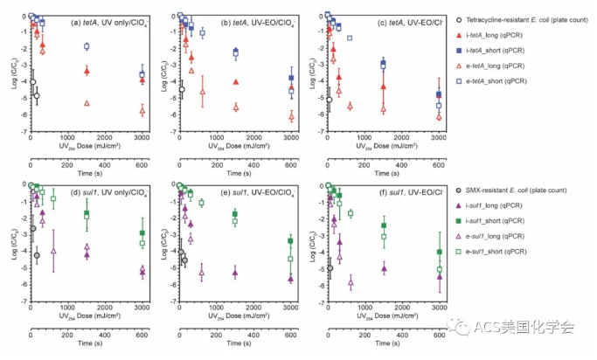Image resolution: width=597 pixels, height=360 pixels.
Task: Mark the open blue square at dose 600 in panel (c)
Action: (x=350, y=38)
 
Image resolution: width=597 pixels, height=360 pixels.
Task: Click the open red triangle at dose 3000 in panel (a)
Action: (x=142, y=110)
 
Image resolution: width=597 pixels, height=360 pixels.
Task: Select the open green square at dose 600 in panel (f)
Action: (x=350, y=213)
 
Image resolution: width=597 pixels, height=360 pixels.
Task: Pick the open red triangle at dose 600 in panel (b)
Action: (x=202, y=91)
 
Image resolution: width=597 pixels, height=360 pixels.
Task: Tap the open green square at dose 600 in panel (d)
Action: (x=53, y=198)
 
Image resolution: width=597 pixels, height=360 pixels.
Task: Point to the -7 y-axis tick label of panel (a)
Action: (x=23, y=133)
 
